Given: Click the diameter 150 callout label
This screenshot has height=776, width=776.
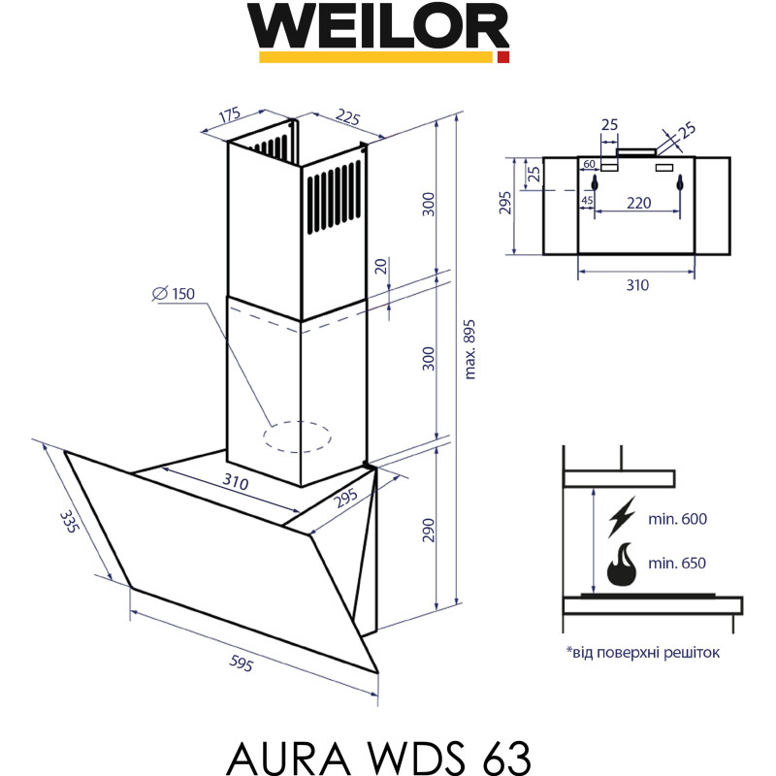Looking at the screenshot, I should (174, 294).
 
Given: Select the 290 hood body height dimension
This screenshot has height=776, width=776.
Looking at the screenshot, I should (430, 530).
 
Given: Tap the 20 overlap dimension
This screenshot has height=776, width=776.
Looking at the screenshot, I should (381, 268).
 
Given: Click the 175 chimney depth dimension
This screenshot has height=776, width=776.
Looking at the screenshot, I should (229, 116).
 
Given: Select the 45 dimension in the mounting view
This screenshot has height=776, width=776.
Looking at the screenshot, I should (587, 201).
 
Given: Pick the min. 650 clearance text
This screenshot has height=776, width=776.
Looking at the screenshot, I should (678, 564).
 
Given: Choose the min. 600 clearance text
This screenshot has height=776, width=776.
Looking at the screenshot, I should (678, 519).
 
